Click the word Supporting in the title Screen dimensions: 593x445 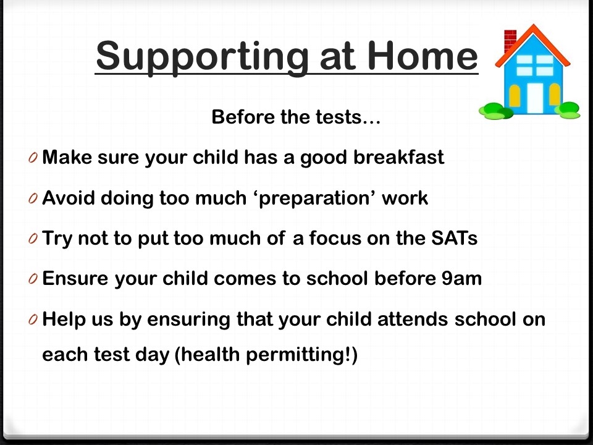pos(202,57)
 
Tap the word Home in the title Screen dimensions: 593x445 pos(423,56)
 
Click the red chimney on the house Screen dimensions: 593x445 pos(509,40)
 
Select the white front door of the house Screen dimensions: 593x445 pos(535,98)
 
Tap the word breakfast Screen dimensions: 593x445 pos(398,157)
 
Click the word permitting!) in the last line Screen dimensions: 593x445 pos(301,355)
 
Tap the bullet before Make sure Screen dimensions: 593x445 pos(33,158)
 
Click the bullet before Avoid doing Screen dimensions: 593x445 pos(33,198)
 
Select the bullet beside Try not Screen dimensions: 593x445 pos(33,239)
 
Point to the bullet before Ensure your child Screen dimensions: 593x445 pos(33,279)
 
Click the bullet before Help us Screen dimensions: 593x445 pos(33,320)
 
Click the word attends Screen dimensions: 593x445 pos(413,319)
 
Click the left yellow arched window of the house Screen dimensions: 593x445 pos(515,95)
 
